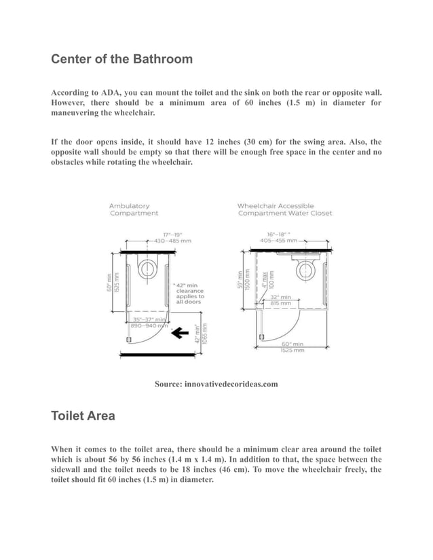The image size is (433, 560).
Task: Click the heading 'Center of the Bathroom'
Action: click(x=121, y=59)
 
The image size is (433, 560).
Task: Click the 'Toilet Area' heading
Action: click(x=83, y=416)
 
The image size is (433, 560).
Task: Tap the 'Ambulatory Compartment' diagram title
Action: click(x=134, y=209)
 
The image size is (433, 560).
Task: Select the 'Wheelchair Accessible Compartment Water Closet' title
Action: click(x=284, y=209)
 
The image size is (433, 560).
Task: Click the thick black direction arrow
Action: click(x=180, y=332)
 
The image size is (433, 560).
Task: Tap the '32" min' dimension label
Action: click(x=280, y=297)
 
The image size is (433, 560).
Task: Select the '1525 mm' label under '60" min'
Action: click(x=293, y=350)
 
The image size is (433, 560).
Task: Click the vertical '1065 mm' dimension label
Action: click(x=204, y=335)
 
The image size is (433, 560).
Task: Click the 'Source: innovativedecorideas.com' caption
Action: click(x=216, y=384)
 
